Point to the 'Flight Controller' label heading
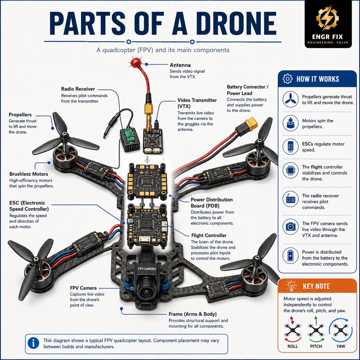[x=209, y=235]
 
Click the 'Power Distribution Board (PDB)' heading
[x=212, y=203]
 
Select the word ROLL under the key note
[x=292, y=346]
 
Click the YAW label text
[x=340, y=346]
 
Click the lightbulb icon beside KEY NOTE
[x=291, y=286]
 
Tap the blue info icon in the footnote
[x=33, y=343]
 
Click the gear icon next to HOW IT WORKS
[x=287, y=79]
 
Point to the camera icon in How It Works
[x=290, y=227]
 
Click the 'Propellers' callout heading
[x=20, y=115]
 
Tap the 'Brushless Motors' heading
[x=28, y=174]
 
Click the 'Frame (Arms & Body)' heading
[x=193, y=314]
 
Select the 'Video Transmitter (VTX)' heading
[x=197, y=103]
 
